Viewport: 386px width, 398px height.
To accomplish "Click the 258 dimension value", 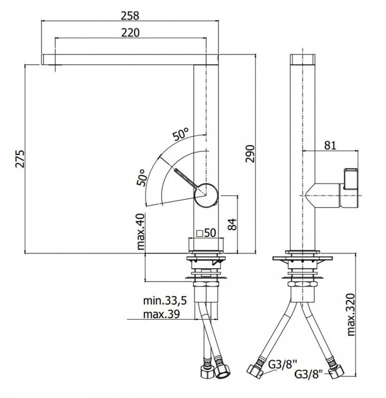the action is point(130,16).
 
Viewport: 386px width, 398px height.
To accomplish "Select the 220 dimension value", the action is point(130,33).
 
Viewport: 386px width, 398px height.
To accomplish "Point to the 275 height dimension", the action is point(19,159).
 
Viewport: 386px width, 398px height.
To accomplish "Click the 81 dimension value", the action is point(330,145).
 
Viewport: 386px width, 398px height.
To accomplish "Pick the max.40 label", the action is point(140,232).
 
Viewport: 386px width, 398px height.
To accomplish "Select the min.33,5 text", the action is point(165,301).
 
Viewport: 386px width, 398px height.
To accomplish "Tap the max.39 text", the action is point(161,314).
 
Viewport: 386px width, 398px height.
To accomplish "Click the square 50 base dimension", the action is point(207,232).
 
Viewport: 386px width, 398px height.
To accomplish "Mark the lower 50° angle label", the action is point(141,178).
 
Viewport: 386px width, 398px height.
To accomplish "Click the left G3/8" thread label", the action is point(282,365).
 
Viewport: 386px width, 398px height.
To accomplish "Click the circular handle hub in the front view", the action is point(206,195).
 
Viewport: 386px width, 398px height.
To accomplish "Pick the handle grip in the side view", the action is point(351,179).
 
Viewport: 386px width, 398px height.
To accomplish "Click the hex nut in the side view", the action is point(302,284).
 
